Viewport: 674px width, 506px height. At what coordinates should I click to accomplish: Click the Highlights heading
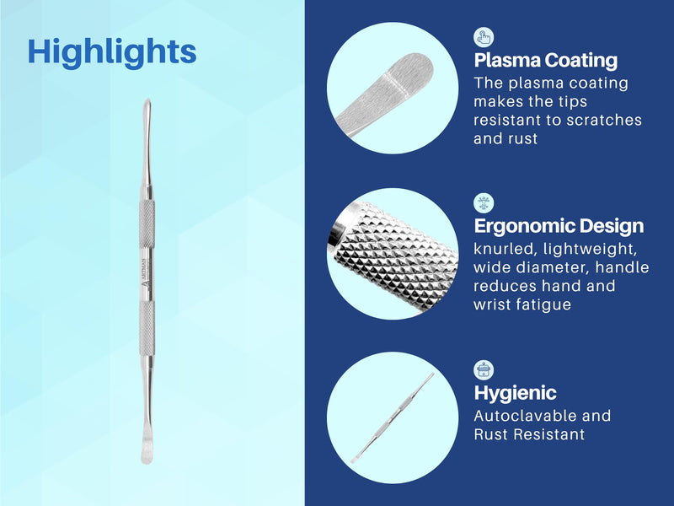coord(112,51)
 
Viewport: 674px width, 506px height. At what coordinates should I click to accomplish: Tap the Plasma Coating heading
coord(545,61)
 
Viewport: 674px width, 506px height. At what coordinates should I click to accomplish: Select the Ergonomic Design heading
coord(559,226)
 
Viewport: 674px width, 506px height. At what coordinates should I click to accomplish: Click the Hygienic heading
coord(515,393)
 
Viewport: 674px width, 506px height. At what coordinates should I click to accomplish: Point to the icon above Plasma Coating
coord(484,36)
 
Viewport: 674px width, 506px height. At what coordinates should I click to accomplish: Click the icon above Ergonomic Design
coord(484,202)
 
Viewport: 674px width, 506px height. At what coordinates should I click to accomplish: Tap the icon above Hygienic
coord(484,369)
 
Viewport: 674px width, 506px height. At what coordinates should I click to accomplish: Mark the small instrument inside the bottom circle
coord(392,419)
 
